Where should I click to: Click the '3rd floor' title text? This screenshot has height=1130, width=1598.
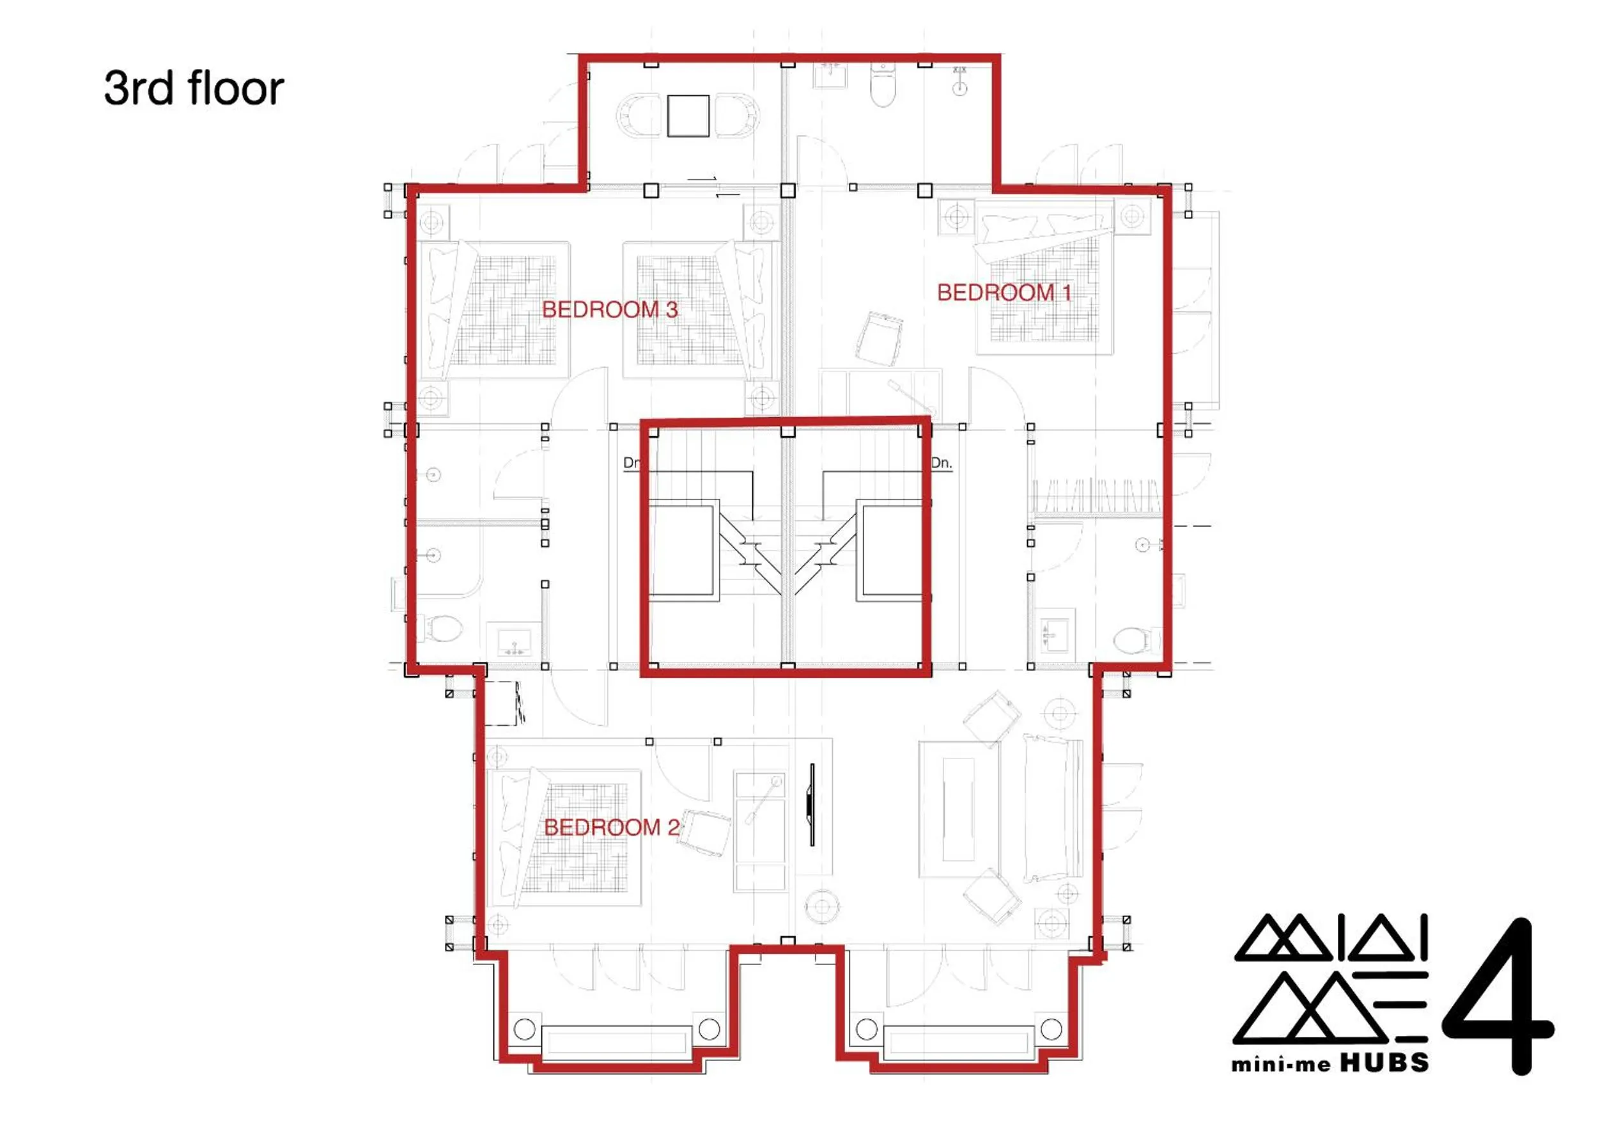pyautogui.click(x=194, y=88)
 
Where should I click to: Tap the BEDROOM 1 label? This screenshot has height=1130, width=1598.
pyautogui.click(x=1004, y=292)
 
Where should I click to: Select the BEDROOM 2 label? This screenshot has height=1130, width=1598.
pyautogui.click(x=611, y=827)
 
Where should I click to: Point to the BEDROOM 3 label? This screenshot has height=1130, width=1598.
pyautogui.click(x=610, y=309)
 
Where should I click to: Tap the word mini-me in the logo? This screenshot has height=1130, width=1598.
pyautogui.click(x=1280, y=1065)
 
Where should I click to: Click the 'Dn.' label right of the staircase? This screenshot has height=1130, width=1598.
pyautogui.click(x=941, y=463)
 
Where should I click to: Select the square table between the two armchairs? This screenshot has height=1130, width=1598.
pyautogui.click(x=688, y=116)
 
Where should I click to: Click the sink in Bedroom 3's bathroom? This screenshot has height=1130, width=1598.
pyautogui.click(x=515, y=641)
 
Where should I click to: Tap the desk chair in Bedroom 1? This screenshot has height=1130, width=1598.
pyautogui.click(x=879, y=339)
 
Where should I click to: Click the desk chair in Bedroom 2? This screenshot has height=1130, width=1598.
pyautogui.click(x=704, y=832)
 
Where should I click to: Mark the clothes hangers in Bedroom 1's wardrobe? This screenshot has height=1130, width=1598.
pyautogui.click(x=1096, y=497)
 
